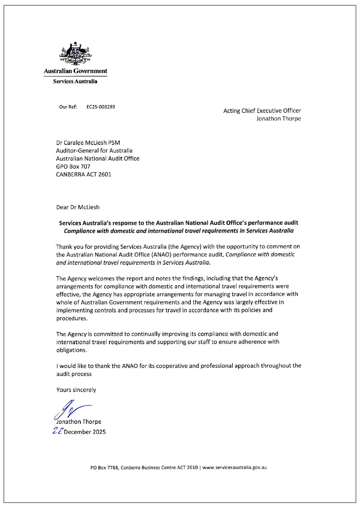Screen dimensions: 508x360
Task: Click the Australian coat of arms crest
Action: tap(75, 54)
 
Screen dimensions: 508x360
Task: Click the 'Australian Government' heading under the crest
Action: tap(75, 71)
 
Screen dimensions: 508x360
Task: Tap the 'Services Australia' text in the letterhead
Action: tap(75, 82)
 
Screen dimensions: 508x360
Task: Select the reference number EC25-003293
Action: tap(101, 107)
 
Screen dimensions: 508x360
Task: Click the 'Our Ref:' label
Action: tap(68, 107)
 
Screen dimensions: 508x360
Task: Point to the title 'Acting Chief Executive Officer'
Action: tap(262, 111)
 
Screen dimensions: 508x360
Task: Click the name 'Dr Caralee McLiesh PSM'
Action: tap(88, 143)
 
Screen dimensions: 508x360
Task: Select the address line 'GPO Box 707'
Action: tap(73, 167)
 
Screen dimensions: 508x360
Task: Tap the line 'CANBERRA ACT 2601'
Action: tap(84, 174)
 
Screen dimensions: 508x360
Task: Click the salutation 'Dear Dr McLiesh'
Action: tap(78, 207)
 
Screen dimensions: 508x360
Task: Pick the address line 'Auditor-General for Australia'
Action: tap(94, 151)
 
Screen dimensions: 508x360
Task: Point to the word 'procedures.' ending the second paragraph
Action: tap(72, 319)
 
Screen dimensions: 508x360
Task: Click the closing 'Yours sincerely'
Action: tap(76, 390)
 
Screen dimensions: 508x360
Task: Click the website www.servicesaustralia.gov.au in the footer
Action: tap(234, 467)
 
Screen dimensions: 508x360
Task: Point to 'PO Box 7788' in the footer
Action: tap(104, 467)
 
